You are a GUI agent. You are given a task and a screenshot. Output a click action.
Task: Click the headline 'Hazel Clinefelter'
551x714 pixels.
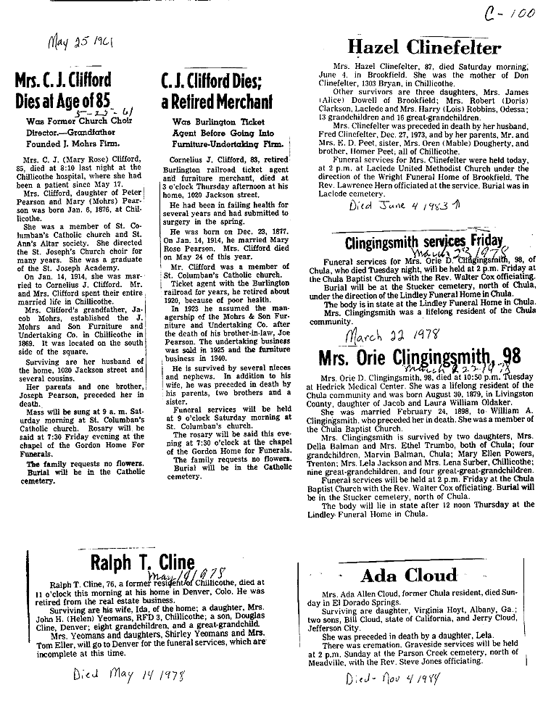click(x=424, y=49)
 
